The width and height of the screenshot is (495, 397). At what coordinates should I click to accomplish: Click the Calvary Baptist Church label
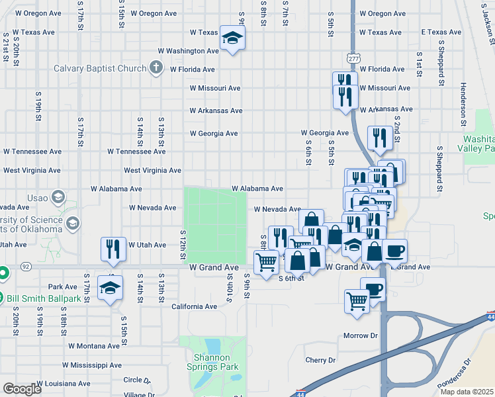[103, 68]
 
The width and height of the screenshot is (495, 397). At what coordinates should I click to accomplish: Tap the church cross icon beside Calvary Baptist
[156, 67]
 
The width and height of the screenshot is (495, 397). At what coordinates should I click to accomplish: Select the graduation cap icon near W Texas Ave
[232, 39]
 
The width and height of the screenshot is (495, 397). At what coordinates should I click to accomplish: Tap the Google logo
[22, 388]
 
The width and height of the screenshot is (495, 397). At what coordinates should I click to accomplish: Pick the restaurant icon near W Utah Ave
[113, 249]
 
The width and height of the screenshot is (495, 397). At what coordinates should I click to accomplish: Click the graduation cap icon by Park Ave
[111, 288]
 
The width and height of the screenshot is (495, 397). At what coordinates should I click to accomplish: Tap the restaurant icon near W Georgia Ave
[379, 138]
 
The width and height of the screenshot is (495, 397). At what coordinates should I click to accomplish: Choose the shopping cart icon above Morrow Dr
[357, 301]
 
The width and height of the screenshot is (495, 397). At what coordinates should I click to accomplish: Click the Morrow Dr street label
[360, 336]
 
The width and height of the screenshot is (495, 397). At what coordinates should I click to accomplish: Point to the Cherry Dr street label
[320, 361]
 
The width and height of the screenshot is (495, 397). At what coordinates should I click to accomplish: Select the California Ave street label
[194, 307]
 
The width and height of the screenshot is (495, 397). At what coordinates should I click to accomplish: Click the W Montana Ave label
[95, 346]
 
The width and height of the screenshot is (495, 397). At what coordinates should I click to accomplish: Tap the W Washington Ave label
[188, 51]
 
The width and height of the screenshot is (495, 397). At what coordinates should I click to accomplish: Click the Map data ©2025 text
[467, 392]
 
